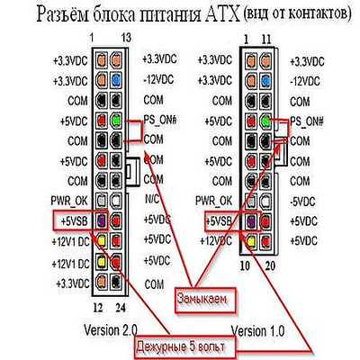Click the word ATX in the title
click(x=222, y=14)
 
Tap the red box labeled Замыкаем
click(x=205, y=301)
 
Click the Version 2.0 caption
click(x=111, y=330)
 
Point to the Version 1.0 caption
click(x=257, y=331)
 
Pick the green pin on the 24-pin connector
click(x=116, y=121)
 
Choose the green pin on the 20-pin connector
click(x=265, y=121)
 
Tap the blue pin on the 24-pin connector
click(x=116, y=80)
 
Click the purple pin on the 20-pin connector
click(x=251, y=221)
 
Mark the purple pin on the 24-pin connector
click(x=102, y=221)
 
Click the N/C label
click(x=151, y=199)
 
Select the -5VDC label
click(x=302, y=202)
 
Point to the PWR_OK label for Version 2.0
click(x=69, y=202)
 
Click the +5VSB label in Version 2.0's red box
click(x=74, y=221)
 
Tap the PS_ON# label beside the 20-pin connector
click(x=307, y=121)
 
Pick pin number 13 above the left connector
click(x=126, y=38)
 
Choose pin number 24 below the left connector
click(x=121, y=308)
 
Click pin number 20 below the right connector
click(x=270, y=265)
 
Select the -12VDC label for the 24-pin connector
click(x=158, y=80)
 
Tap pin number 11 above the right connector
click(x=265, y=40)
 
